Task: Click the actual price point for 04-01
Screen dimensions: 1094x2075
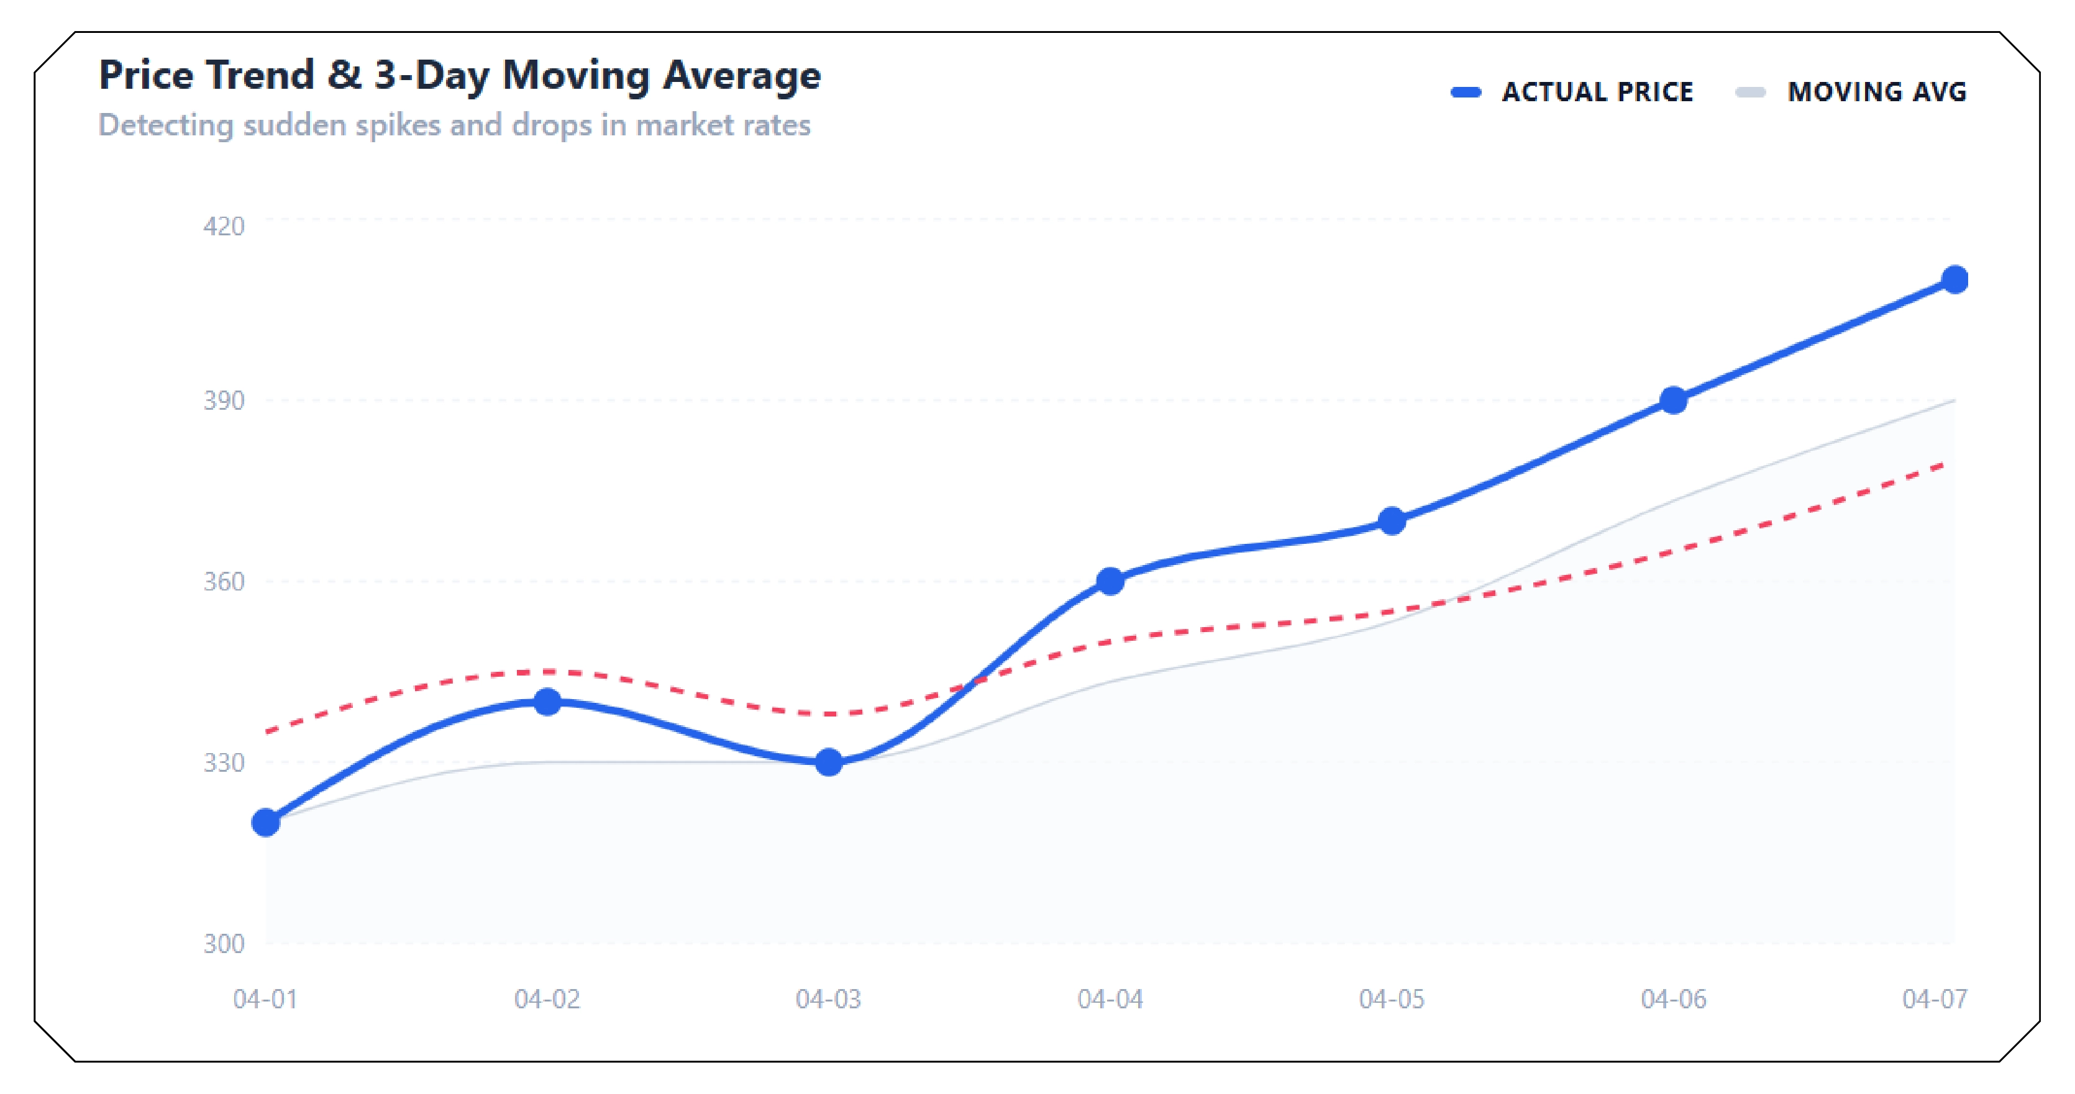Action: click(266, 822)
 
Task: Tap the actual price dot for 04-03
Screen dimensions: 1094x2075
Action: click(829, 762)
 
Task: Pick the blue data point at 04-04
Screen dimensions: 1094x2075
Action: click(1110, 581)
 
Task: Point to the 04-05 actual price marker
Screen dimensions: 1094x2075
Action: click(1392, 521)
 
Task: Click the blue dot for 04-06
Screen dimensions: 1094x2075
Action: click(1674, 400)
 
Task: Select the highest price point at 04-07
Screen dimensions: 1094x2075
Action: click(1954, 279)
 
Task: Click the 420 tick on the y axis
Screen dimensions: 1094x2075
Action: click(223, 226)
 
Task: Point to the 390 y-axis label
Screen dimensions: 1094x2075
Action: click(223, 400)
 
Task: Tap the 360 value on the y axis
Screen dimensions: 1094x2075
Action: click(223, 581)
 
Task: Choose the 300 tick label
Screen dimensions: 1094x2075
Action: click(223, 943)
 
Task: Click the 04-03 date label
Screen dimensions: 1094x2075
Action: click(828, 999)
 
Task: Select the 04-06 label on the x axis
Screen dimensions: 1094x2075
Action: click(1673, 999)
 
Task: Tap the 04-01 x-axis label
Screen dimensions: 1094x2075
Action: click(265, 999)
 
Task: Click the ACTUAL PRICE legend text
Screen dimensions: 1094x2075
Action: click(1597, 92)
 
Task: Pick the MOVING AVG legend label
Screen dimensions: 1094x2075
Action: click(1877, 92)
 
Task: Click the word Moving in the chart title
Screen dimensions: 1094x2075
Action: click(576, 76)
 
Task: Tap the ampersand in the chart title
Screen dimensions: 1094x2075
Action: click(344, 76)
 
